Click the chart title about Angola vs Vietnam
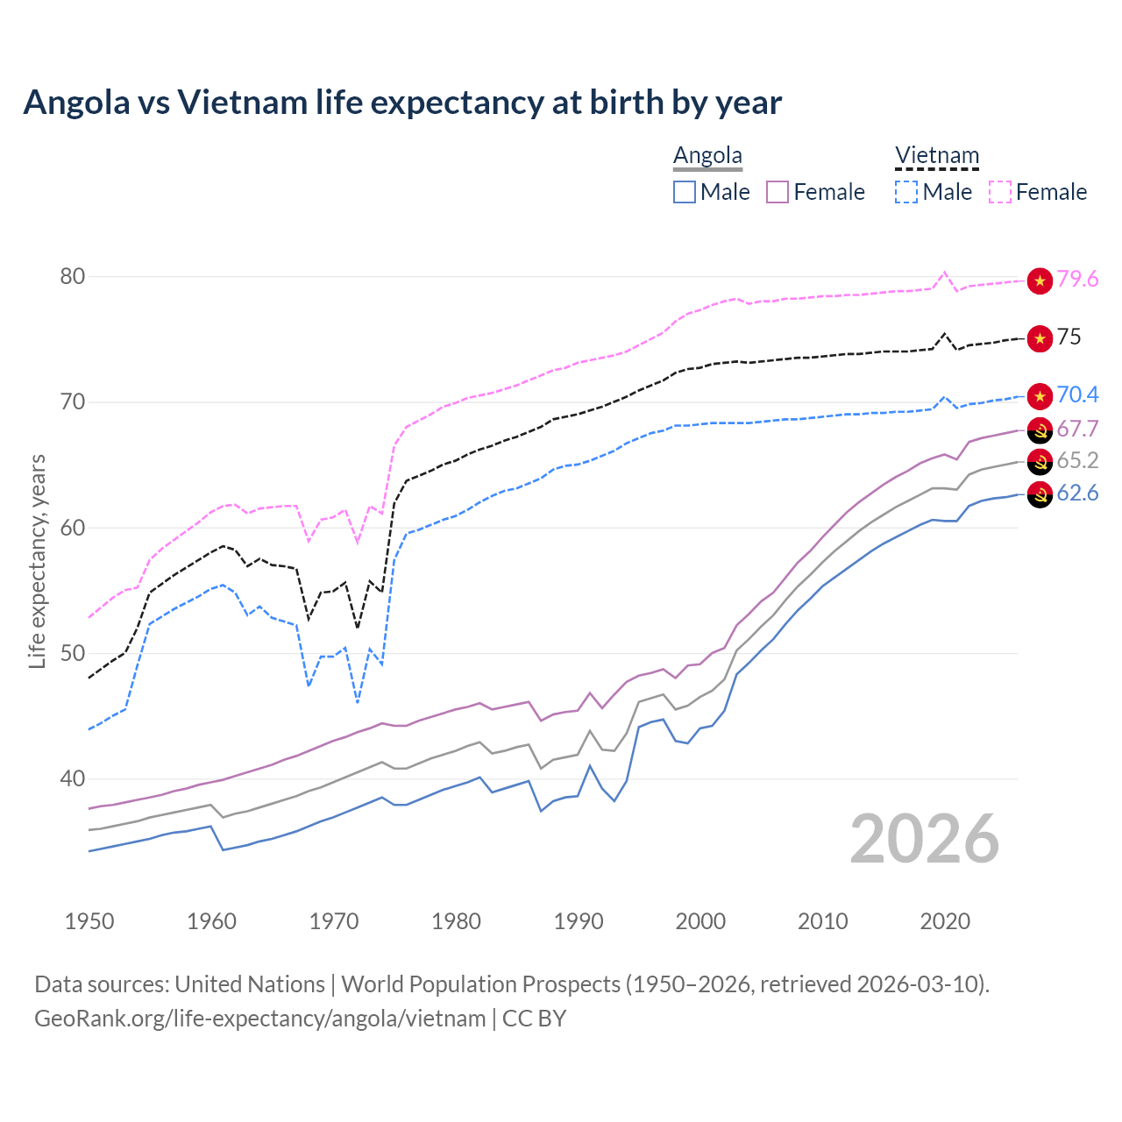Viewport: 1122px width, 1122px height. tap(402, 103)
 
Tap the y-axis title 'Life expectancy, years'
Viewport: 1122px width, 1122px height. tap(37, 561)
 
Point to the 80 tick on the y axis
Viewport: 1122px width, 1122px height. tap(73, 276)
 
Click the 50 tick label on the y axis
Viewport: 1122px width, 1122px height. tap(73, 653)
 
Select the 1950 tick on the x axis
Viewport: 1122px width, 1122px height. tap(89, 921)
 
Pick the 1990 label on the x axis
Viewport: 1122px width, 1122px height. tap(579, 921)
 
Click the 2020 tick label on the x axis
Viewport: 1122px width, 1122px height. tap(945, 921)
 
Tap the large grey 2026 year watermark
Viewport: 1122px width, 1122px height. tap(924, 839)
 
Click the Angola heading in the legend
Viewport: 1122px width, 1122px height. tap(707, 155)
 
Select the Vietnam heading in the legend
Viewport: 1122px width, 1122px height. tap(936, 155)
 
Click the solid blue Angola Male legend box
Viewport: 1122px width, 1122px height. tap(685, 192)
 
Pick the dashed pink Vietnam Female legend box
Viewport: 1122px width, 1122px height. tap(1000, 192)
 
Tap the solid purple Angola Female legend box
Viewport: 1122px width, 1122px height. tap(778, 192)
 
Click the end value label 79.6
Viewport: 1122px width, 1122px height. tap(1077, 279)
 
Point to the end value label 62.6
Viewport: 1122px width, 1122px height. tap(1077, 493)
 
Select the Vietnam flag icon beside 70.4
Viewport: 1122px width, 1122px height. tap(1040, 396)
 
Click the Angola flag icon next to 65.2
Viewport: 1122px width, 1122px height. tap(1040, 462)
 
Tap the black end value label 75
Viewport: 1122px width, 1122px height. tap(1069, 337)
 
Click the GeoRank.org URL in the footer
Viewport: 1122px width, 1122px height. tap(259, 1019)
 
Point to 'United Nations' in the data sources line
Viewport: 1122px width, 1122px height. tap(250, 984)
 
